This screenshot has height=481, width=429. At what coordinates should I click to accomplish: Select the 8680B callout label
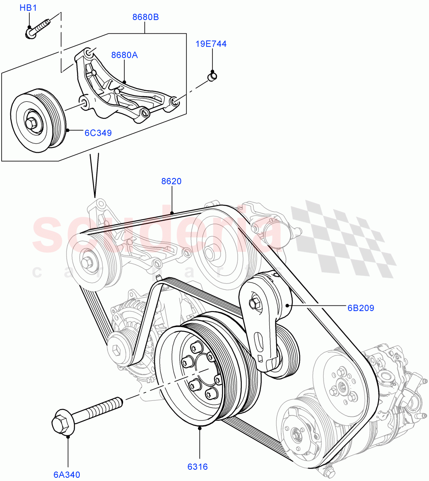pyautogui.click(x=146, y=17)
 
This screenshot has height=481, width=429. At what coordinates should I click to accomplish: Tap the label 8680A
pyautogui.click(x=124, y=55)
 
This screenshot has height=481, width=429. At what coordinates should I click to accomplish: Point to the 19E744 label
pyautogui.click(x=211, y=44)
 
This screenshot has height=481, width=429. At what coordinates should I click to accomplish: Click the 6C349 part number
pyautogui.click(x=98, y=133)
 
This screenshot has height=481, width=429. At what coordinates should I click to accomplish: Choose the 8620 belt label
pyautogui.click(x=171, y=181)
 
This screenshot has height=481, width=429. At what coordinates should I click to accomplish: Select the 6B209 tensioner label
pyautogui.click(x=360, y=308)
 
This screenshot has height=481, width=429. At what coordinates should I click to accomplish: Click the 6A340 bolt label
pyautogui.click(x=67, y=475)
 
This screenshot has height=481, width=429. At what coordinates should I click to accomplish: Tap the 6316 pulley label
pyautogui.click(x=197, y=467)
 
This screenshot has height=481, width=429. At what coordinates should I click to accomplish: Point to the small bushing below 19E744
pyautogui.click(x=212, y=76)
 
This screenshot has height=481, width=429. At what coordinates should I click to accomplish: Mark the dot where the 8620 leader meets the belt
pyautogui.click(x=172, y=213)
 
